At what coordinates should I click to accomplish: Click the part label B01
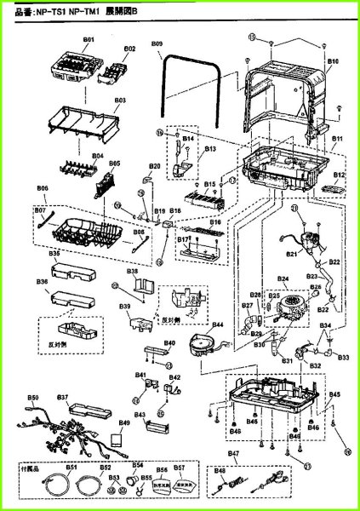click(87, 41)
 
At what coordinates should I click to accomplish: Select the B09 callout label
click(157, 43)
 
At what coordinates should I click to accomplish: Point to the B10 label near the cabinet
click(333, 62)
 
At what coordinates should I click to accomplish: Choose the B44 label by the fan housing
click(217, 325)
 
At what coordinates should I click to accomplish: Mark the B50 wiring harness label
click(33, 398)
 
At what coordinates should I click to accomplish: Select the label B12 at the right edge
click(340, 175)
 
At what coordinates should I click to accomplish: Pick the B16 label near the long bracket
click(215, 222)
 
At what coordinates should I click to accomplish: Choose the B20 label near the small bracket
click(154, 165)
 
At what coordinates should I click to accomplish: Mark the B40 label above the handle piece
click(169, 343)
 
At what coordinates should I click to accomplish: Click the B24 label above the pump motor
click(283, 279)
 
